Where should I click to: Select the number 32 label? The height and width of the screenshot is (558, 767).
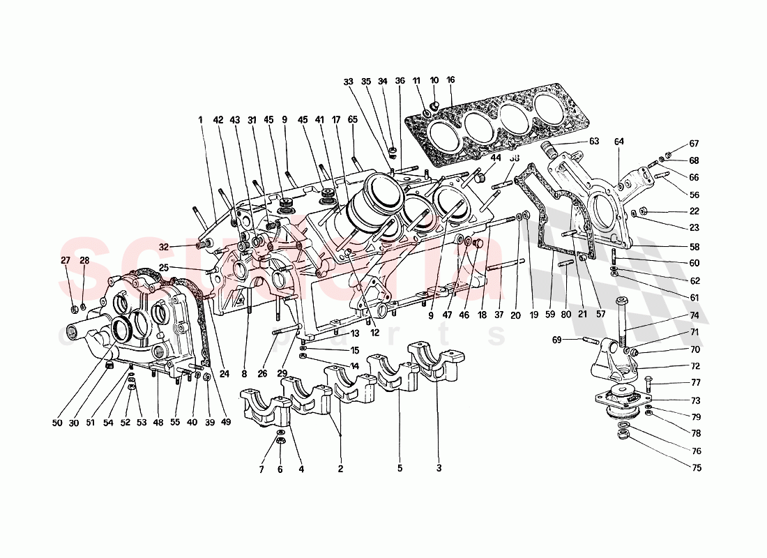tap(163, 247)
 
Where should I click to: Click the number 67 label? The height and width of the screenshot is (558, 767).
tap(694, 144)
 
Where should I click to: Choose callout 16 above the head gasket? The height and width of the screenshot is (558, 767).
tap(451, 80)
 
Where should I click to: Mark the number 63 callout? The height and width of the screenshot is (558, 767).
tap(593, 142)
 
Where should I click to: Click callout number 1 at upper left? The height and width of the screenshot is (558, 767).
tap(199, 119)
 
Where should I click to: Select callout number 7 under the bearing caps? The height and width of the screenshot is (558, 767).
tap(261, 469)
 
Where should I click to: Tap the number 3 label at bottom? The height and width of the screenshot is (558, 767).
tap(439, 469)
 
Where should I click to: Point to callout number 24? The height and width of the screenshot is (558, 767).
tap(224, 374)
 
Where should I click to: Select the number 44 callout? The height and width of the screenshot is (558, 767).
tap(496, 158)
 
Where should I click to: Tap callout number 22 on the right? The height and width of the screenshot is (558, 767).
tap(694, 211)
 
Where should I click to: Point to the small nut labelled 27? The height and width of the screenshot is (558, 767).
tap(73, 309)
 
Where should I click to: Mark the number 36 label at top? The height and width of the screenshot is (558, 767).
tap(400, 80)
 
